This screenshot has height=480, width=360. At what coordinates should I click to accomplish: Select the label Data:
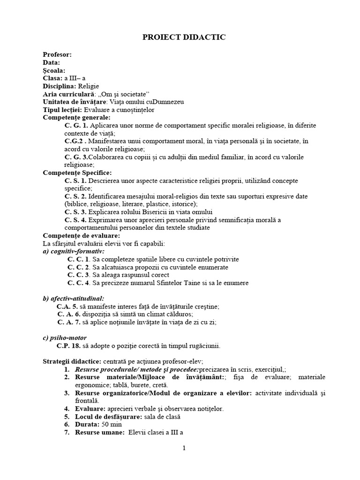pyautogui.click(x=51, y=62)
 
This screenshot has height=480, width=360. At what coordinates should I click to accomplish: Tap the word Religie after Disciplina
pyautogui.click(x=89, y=86)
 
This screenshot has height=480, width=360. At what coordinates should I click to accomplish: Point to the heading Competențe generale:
pyautogui.click(x=76, y=118)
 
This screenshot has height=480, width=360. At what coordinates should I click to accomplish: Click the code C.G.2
pyautogui.click(x=75, y=141)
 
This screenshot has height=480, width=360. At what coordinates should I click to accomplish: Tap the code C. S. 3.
pyautogui.click(x=75, y=212)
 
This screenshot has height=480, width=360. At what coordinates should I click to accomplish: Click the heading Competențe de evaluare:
pyautogui.click(x=81, y=235)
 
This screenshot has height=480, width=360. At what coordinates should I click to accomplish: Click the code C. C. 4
pyautogui.click(x=78, y=283)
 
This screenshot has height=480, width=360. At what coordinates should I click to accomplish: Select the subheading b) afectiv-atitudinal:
pyautogui.click(x=73, y=298)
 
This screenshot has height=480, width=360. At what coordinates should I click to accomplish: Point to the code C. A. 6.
pyautogui.click(x=69, y=314)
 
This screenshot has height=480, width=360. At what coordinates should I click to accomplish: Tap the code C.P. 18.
pyautogui.click(x=68, y=346)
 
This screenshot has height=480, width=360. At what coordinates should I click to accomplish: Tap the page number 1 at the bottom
pyautogui.click(x=184, y=448)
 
